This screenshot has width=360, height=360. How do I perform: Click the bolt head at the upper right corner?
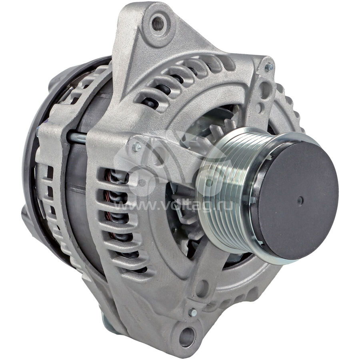pyautogui.click(x=269, y=67)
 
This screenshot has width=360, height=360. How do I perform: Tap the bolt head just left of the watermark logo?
pyautogui.click(x=137, y=147)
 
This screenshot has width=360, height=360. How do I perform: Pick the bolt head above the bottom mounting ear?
pyautogui.click(x=192, y=312)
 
